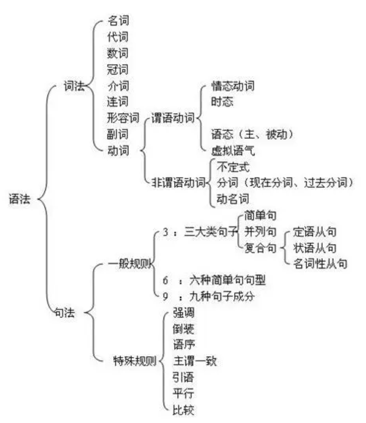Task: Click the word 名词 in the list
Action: pyautogui.click(x=118, y=21)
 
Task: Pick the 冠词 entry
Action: pyautogui.click(x=118, y=69)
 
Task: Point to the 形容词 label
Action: pyautogui.click(x=124, y=117)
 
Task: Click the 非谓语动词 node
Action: pyautogui.click(x=178, y=182)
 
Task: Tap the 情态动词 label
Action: pyautogui.click(x=232, y=85)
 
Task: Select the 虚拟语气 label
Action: pyautogui.click(x=232, y=150)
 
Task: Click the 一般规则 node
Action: pyautogui.click(x=130, y=263)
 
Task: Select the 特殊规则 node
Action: pyautogui.click(x=135, y=360)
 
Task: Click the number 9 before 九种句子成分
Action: pyautogui.click(x=165, y=296)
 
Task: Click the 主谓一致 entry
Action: pyautogui.click(x=195, y=361)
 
